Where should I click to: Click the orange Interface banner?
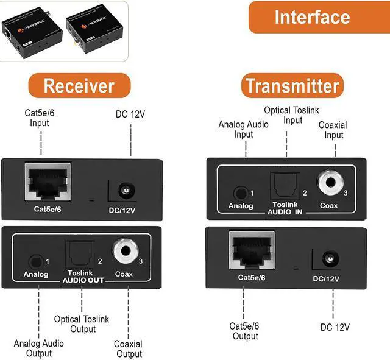click(x=312, y=16)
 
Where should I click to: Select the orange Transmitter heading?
click(x=291, y=86)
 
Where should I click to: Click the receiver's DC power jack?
click(x=127, y=191)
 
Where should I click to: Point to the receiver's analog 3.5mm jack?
click(x=37, y=261)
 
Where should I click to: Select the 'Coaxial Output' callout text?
click(x=129, y=349)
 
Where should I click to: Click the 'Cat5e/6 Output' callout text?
click(x=246, y=331)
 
